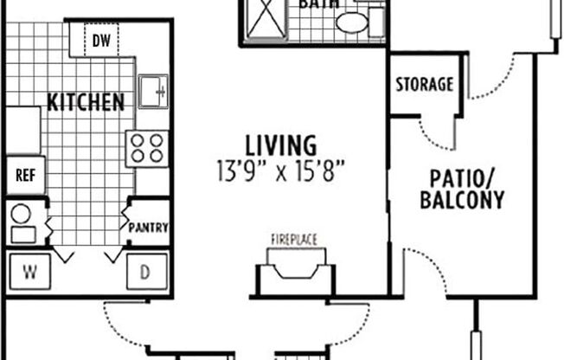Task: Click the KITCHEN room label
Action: tap(85, 102)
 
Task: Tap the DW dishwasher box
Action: tap(101, 40)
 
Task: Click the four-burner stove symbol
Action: tap(146, 147)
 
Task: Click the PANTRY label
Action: tap(148, 228)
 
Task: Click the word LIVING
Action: tap(267, 144)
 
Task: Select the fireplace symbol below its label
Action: tap(295, 268)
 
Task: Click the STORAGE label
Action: tap(424, 85)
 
